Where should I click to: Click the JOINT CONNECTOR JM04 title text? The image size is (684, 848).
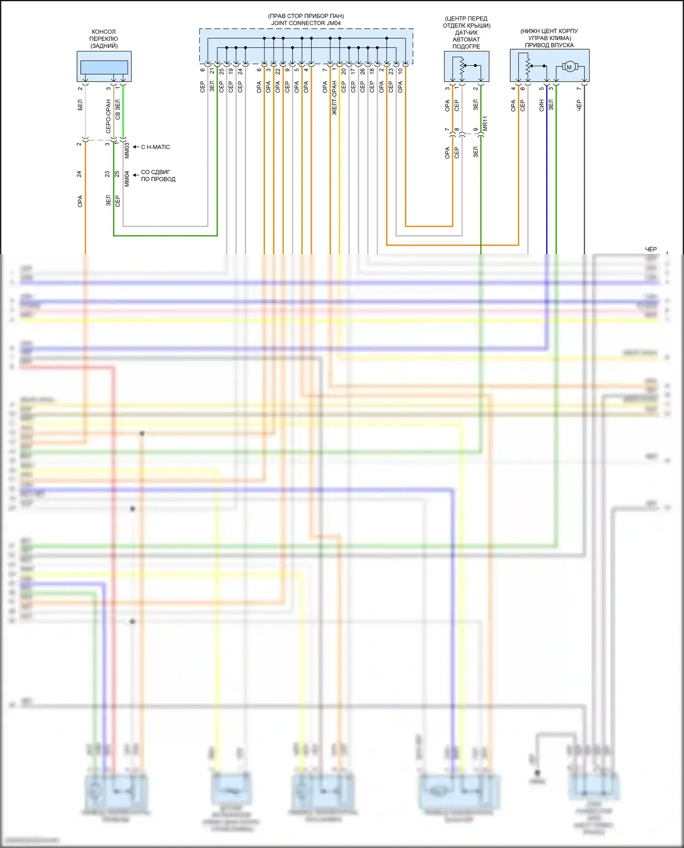[306, 23]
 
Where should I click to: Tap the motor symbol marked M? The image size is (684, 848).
[569, 67]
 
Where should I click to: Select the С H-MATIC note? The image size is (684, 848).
[155, 147]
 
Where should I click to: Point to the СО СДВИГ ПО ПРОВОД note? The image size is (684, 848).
[158, 175]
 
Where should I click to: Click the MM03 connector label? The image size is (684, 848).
[127, 150]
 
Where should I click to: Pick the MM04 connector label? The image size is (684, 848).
[127, 179]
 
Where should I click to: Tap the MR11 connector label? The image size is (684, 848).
[485, 123]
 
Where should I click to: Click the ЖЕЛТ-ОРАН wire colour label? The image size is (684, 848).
[334, 98]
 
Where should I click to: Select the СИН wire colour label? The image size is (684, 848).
[541, 105]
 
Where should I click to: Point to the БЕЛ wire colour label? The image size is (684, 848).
[80, 105]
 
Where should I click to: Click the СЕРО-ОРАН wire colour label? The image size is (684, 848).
[109, 116]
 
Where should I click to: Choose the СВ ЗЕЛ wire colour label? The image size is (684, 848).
[118, 110]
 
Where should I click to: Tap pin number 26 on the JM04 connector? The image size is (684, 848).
[363, 72]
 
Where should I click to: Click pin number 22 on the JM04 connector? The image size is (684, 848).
[278, 72]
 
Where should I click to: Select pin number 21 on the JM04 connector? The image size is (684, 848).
[212, 71]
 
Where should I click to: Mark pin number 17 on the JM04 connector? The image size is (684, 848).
[353, 72]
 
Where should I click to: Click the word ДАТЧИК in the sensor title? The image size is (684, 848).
[466, 32]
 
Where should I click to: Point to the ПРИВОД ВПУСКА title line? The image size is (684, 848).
[549, 45]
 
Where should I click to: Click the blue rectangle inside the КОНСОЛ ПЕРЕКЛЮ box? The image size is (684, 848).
[104, 67]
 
